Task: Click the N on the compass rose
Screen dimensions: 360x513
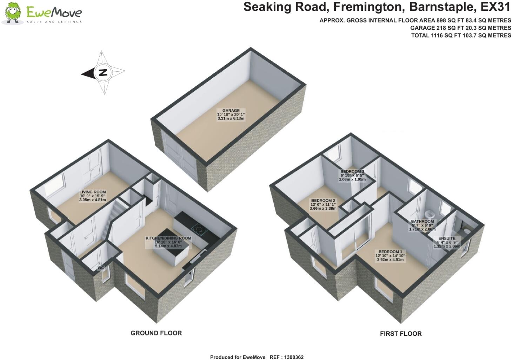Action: [103, 73]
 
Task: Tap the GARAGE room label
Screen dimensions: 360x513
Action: [231, 111]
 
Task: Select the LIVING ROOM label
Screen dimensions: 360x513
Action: [92, 192]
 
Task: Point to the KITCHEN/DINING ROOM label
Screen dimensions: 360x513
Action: [168, 238]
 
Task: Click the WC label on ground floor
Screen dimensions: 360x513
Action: [101, 268]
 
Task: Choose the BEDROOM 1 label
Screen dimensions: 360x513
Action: [390, 252]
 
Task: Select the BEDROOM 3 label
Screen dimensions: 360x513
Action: [352, 171]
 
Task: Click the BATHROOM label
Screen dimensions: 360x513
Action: [422, 222]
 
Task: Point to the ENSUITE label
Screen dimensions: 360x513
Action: [446, 238]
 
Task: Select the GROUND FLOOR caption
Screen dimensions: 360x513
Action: [156, 333]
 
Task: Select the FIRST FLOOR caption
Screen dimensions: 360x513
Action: [401, 334]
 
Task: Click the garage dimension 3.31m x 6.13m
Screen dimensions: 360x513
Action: [231, 119]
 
